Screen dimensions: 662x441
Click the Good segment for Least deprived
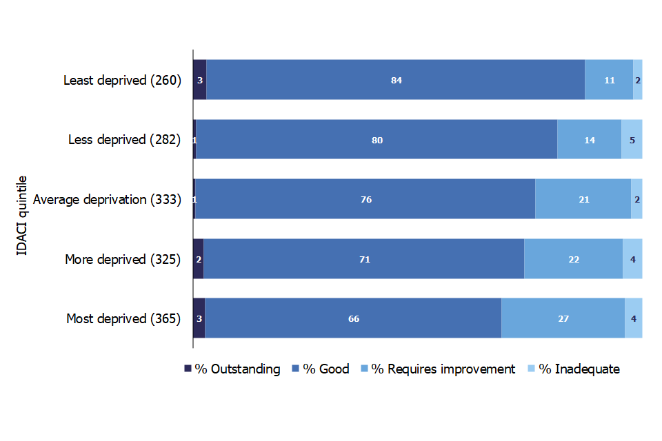click(x=396, y=80)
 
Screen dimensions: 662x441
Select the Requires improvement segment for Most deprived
click(x=563, y=318)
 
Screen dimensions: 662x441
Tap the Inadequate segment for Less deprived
click(x=632, y=139)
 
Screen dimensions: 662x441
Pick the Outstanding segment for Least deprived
click(x=200, y=80)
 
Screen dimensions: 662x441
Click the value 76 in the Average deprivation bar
click(x=366, y=199)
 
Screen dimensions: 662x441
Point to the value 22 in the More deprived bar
click(x=574, y=259)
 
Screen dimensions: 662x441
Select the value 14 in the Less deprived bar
click(x=590, y=140)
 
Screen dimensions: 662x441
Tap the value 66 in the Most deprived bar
click(x=354, y=318)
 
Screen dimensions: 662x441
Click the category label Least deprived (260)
click(x=123, y=80)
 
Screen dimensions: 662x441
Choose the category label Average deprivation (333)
click(x=108, y=199)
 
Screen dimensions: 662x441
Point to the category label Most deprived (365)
click(x=123, y=318)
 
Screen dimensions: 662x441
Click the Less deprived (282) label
click(x=125, y=140)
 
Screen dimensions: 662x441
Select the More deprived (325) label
click(x=123, y=259)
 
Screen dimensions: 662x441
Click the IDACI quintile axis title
click(x=21, y=215)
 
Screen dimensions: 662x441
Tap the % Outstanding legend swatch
click(x=188, y=369)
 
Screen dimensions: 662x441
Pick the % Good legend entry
click(x=321, y=369)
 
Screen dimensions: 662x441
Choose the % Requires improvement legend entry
click(x=439, y=369)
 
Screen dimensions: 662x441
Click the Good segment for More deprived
click(x=364, y=258)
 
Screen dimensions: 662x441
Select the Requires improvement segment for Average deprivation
click(x=583, y=198)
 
